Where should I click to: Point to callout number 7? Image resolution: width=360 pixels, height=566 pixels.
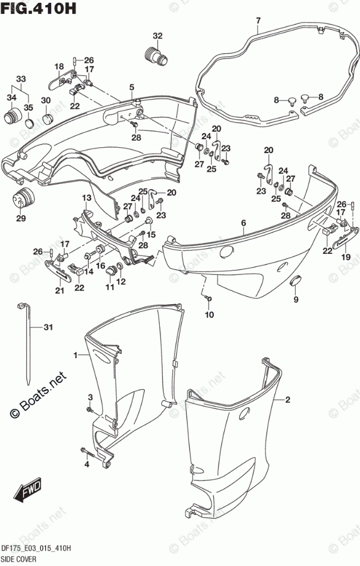(257, 22)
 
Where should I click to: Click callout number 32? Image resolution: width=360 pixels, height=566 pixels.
(157, 36)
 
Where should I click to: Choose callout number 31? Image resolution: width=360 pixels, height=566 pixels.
(49, 328)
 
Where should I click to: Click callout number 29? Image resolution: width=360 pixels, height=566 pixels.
(21, 218)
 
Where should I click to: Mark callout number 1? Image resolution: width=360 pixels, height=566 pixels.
(76, 356)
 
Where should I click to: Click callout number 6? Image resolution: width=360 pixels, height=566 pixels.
(243, 223)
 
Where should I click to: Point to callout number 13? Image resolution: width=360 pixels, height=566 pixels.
(85, 198)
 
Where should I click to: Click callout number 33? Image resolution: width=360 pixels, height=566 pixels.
(21, 78)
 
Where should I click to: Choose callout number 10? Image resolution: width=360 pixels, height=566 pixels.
(209, 314)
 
